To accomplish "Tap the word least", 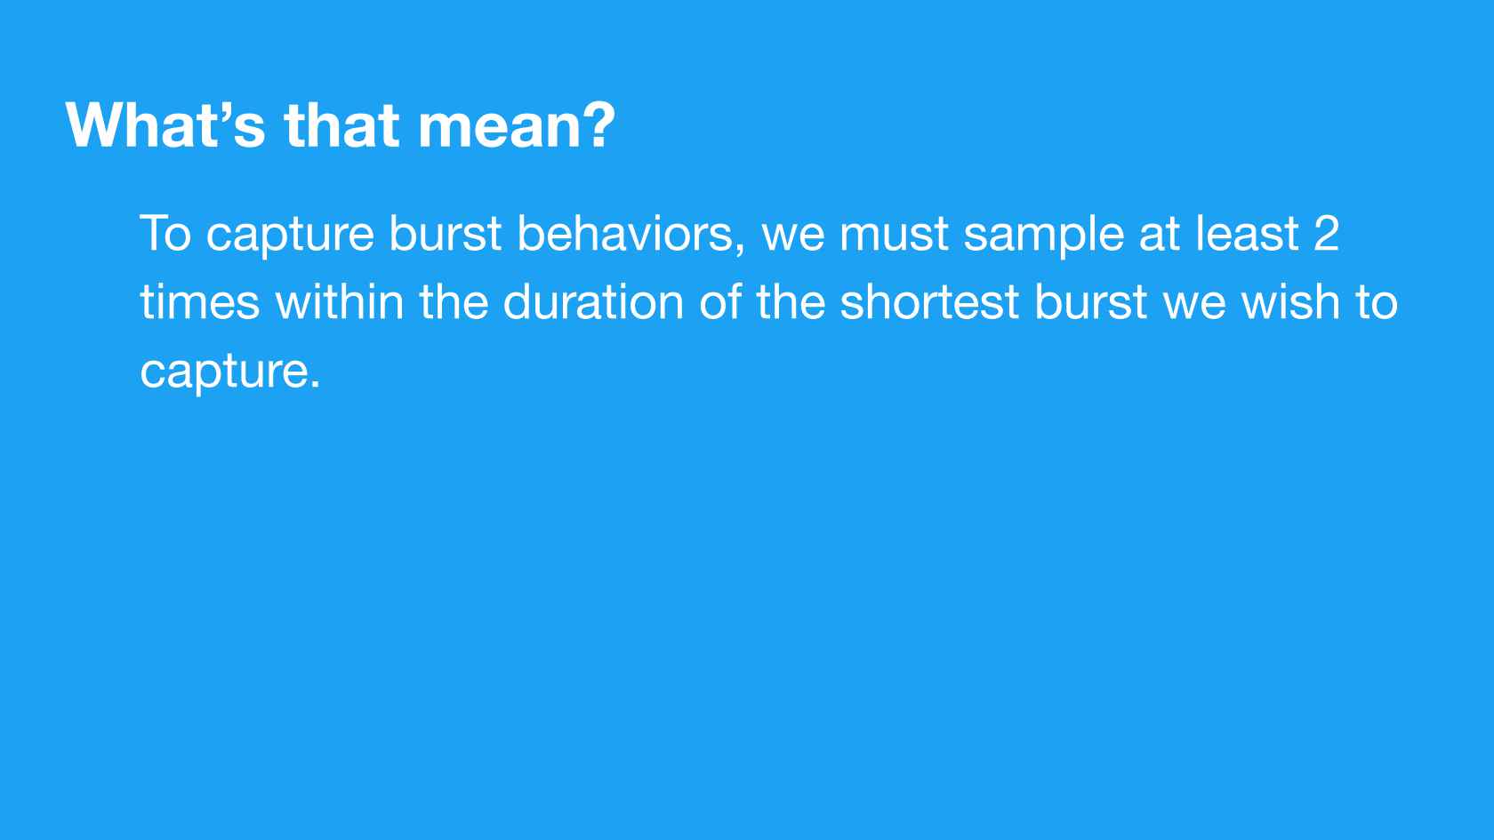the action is pyautogui.click(x=1247, y=233).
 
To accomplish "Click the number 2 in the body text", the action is pyautogui.click(x=1327, y=233).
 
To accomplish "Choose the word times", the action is pyautogui.click(x=199, y=302).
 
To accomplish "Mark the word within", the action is pyautogui.click(x=340, y=302).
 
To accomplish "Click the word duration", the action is pyautogui.click(x=594, y=302).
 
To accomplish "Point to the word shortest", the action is pyautogui.click(x=929, y=302).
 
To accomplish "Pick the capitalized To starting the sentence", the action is pyautogui.click(x=165, y=233).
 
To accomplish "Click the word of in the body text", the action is pyautogui.click(x=720, y=302).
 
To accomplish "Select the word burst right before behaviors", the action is pyautogui.click(x=445, y=233).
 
